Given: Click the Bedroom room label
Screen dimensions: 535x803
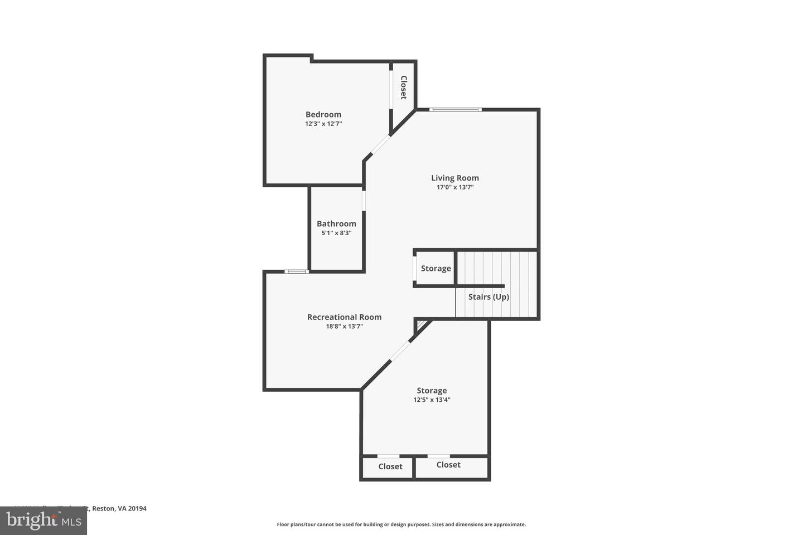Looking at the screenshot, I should click(323, 114).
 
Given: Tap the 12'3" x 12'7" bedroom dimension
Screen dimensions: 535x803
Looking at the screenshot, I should click(323, 124).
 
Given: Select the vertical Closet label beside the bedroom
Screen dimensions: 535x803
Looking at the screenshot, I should click(403, 87).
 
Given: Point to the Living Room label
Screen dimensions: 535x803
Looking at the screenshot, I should click(454, 178).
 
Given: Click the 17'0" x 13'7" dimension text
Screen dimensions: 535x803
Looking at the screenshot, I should click(454, 188).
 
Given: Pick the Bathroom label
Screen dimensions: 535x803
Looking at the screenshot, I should click(336, 223).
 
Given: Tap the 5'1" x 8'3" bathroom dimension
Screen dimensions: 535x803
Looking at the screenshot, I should click(336, 234).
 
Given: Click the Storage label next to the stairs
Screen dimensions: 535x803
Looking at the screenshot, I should click(436, 268).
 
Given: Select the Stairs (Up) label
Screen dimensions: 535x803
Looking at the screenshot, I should click(488, 296).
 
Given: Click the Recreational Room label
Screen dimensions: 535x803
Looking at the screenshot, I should click(344, 317).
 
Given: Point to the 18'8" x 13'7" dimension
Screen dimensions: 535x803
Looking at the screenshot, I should click(344, 327).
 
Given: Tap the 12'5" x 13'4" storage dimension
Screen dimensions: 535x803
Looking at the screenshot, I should click(432, 400).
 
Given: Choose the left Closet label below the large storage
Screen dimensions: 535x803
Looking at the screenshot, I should click(390, 466).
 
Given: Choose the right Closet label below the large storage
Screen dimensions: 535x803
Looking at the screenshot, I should click(448, 464).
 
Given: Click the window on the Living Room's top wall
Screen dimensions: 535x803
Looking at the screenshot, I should click(455, 109).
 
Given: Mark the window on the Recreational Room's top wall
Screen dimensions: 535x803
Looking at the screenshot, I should click(296, 271).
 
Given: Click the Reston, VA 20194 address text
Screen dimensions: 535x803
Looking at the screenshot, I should click(119, 508).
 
